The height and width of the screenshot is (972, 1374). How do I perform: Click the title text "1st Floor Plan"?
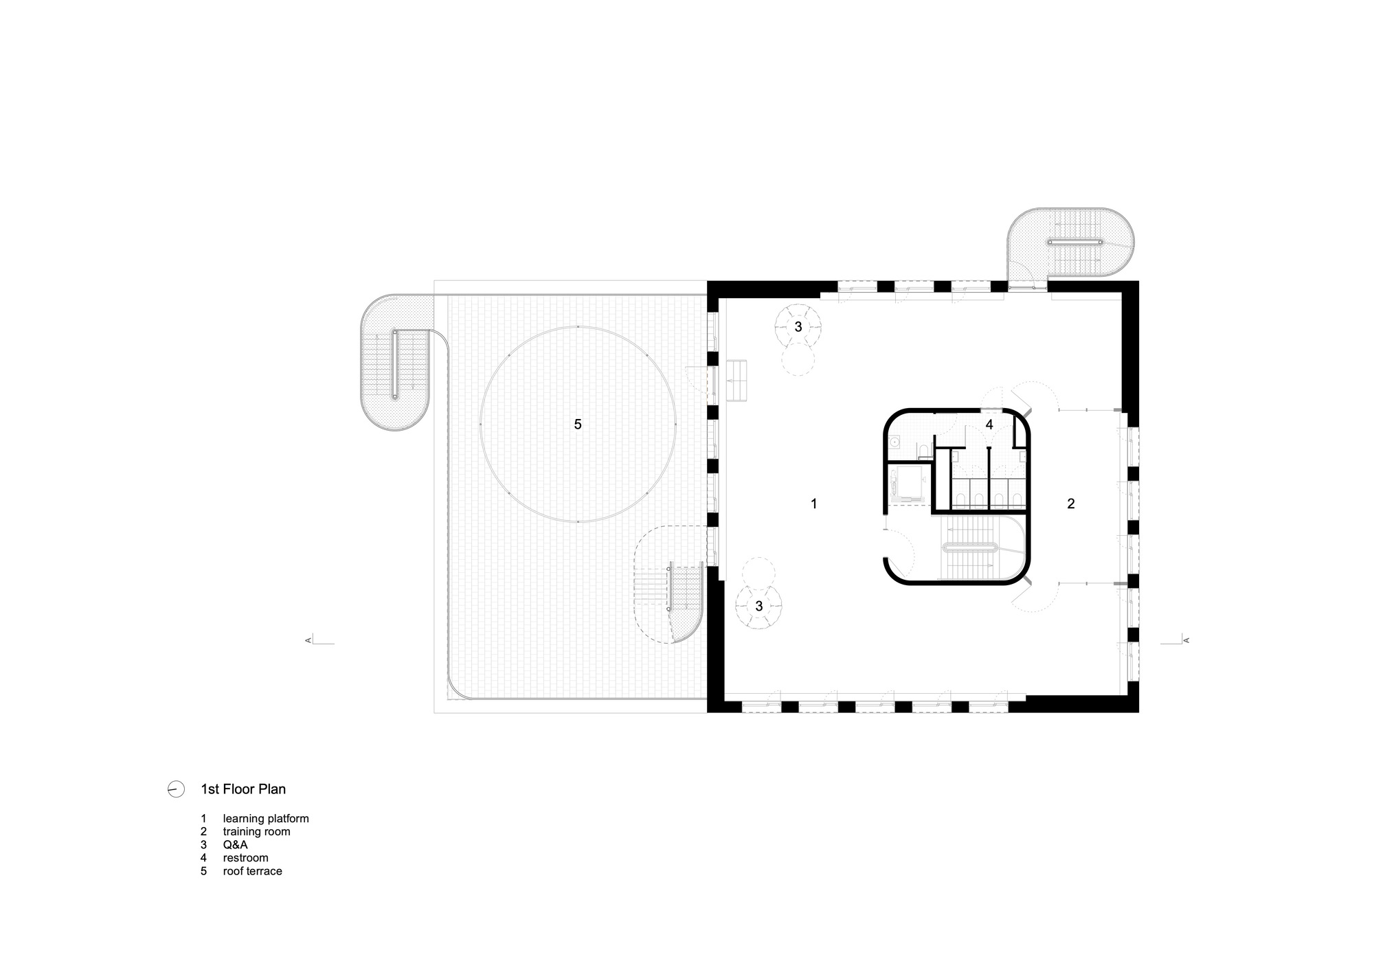click(x=243, y=789)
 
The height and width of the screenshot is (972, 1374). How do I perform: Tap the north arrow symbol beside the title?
click(x=176, y=789)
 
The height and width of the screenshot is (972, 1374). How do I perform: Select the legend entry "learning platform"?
click(x=265, y=819)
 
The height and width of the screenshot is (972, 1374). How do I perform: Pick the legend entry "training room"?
click(x=256, y=832)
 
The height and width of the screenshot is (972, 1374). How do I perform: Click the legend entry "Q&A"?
click(x=235, y=845)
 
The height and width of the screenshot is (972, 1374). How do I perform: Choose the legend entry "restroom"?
click(x=245, y=858)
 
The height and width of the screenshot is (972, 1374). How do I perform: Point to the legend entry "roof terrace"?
click(x=252, y=871)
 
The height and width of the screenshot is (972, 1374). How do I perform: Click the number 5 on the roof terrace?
click(x=578, y=425)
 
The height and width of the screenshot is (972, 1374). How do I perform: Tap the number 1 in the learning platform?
click(x=814, y=504)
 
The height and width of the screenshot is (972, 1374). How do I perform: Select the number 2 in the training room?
click(x=1070, y=504)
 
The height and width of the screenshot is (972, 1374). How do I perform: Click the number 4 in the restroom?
click(x=989, y=425)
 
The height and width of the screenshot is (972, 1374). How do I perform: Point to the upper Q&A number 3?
click(x=798, y=327)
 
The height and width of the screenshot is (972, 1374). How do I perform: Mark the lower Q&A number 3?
click(x=759, y=607)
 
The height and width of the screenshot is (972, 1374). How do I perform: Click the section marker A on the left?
click(x=308, y=640)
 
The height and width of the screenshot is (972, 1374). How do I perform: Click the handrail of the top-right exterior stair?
click(x=1076, y=242)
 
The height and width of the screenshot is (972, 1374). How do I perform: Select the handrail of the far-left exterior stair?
click(x=396, y=364)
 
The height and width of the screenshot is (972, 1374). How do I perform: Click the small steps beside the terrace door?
click(x=737, y=380)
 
